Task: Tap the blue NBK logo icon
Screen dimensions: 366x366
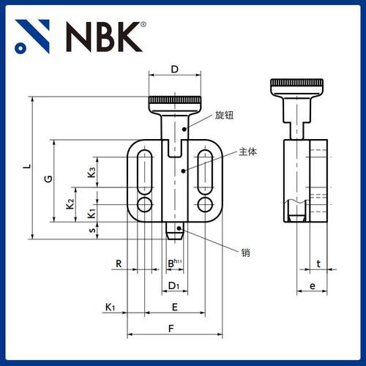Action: coord(33,36)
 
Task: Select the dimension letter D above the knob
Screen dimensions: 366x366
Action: coord(174,70)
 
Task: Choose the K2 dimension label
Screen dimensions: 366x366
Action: coord(70,203)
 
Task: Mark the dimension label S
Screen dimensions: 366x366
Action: coord(91,231)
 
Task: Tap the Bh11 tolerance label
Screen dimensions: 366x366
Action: coord(174,263)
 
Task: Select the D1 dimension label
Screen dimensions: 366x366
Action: coord(173,285)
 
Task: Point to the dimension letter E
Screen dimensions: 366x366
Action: coord(174,307)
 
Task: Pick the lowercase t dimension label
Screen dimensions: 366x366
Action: coord(318,263)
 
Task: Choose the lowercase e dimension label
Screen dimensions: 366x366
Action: coord(312,286)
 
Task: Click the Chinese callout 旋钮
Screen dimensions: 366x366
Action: coord(224,116)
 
